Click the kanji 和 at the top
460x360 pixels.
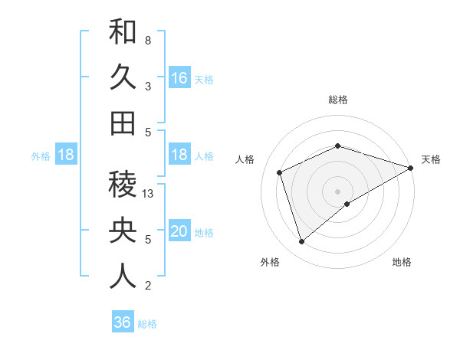(123, 32)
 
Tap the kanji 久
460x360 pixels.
(123, 77)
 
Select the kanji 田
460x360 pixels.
(123, 123)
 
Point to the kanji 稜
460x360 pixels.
(123, 185)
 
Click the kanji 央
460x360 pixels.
(123, 231)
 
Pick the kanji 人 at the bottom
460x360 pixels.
(123, 277)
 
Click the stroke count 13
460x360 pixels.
(149, 194)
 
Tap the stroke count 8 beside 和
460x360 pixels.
(147, 40)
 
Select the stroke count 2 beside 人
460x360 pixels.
(147, 286)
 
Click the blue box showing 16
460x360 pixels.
(179, 78)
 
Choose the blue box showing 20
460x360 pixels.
(179, 232)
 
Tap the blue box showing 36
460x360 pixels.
(123, 322)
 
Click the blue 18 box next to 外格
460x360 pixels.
(66, 155)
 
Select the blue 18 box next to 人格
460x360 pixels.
(179, 155)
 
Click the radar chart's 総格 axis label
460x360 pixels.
(338, 100)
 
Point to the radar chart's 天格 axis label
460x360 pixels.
(431, 159)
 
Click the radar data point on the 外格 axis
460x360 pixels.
(301, 242)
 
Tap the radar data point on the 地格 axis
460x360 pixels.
(347, 204)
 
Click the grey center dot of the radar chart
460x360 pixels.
(338, 191)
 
